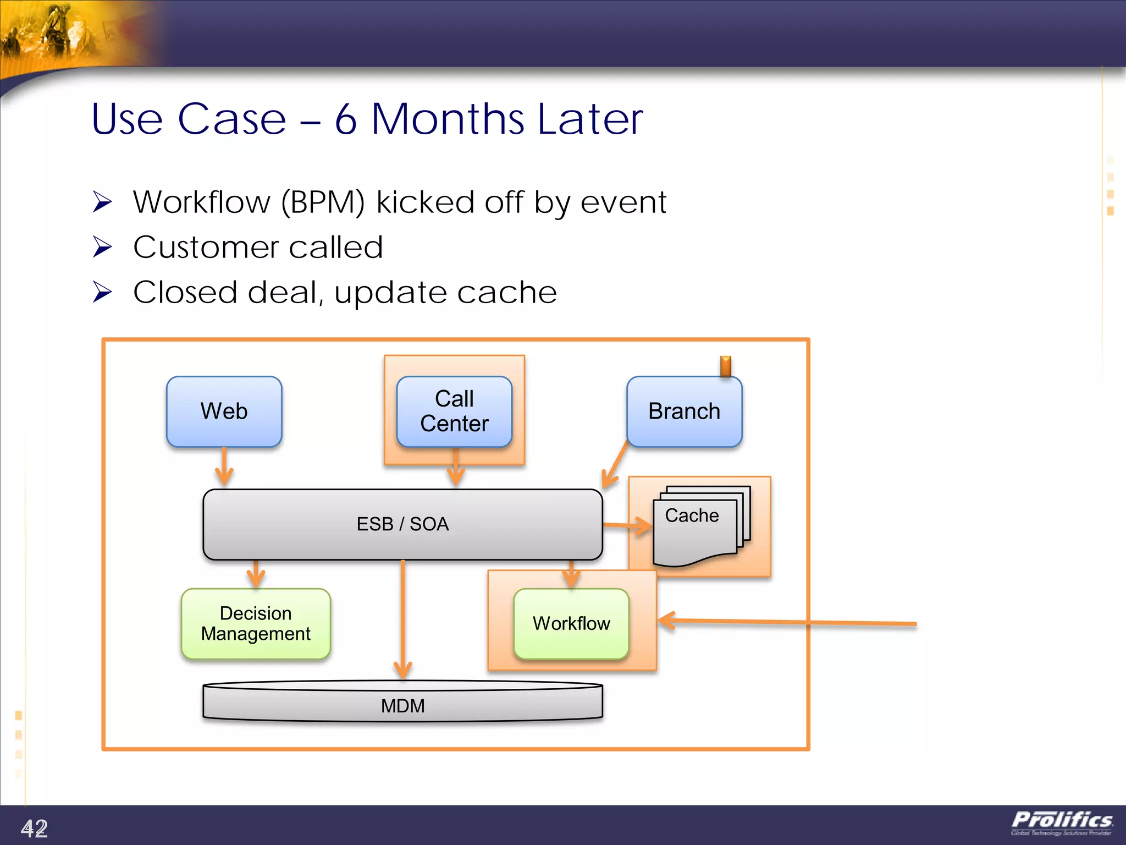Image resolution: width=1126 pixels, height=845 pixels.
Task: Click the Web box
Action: click(x=224, y=411)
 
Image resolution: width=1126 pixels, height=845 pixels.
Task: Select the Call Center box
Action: click(x=454, y=411)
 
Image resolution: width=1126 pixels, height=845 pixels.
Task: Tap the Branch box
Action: click(x=684, y=411)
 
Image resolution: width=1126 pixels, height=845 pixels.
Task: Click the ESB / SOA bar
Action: click(x=402, y=524)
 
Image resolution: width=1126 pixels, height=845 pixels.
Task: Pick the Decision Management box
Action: click(x=256, y=623)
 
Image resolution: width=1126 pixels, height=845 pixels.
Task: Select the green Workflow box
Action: click(x=571, y=623)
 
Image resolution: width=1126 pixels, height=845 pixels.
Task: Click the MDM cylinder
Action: click(x=402, y=704)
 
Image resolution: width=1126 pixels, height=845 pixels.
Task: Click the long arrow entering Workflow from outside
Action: click(x=786, y=622)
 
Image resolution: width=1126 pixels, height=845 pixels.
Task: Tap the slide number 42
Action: click(x=34, y=828)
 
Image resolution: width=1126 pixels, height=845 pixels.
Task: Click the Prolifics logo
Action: click(x=1062, y=822)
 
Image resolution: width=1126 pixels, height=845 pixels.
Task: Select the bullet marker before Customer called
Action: click(x=102, y=246)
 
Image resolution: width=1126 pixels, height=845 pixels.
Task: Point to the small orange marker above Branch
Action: click(x=725, y=366)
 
